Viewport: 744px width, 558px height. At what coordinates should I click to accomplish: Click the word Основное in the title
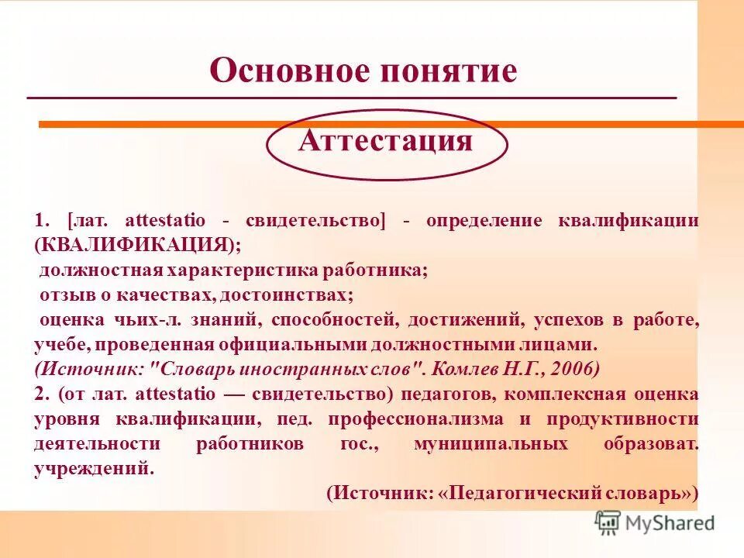[287, 71]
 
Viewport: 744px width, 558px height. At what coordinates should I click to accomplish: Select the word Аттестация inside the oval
[385, 141]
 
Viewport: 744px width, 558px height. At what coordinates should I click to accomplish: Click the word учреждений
[90, 469]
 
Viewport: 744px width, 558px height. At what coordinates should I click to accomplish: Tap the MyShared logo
[656, 522]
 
